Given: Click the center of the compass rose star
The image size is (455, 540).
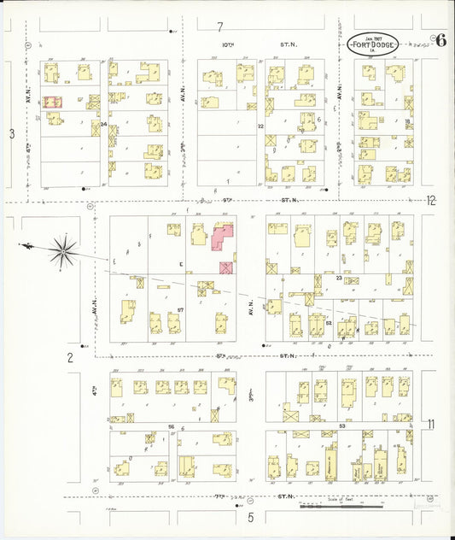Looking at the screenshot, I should pos(62,249).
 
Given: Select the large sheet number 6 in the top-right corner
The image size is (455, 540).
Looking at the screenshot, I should pos(440,39).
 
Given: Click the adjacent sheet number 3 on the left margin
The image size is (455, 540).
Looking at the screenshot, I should pos(12,133).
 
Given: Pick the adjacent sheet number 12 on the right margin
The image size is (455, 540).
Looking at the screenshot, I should pos(431,201).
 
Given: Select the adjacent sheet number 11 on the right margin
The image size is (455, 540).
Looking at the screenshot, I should pos(431,424).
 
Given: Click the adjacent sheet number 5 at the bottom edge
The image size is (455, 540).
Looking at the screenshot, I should pos(251,517).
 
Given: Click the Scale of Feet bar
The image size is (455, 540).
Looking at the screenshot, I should pos(341,504).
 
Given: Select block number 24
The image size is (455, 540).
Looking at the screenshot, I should pos(104,125).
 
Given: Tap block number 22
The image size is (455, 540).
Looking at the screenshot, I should pos(260,126).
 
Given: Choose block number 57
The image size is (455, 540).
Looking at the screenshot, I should pos(181,308).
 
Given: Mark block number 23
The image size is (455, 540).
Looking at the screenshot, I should pos(339,278).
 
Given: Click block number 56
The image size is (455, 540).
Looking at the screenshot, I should pos(172,426).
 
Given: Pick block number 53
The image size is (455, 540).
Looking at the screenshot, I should pos(341,425).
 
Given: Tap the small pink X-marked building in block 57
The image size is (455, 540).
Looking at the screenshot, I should pos(226,267).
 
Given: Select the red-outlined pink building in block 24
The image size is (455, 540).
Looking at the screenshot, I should pos(53,102).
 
